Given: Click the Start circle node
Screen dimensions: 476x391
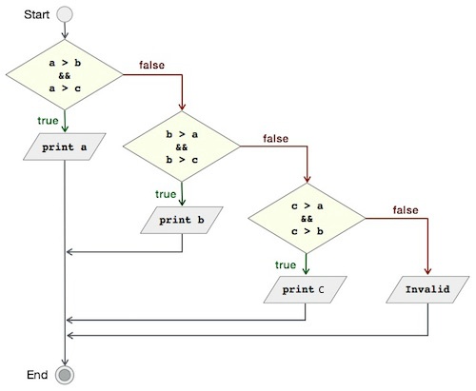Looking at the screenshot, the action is click(x=65, y=14).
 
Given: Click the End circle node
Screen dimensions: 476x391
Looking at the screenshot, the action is click(x=65, y=375).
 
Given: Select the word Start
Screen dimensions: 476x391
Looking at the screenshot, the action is click(x=36, y=14).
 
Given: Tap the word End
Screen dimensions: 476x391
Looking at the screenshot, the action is click(x=37, y=375).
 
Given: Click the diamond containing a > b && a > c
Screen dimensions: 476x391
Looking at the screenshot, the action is click(x=65, y=75).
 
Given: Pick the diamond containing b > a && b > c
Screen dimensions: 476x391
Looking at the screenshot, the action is click(x=182, y=147).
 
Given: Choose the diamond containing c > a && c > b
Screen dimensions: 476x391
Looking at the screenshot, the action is click(x=307, y=218).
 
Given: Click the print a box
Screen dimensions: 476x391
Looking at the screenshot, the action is click(x=65, y=147).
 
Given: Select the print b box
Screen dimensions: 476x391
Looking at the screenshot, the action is click(x=182, y=220).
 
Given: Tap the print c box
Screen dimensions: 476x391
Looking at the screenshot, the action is click(x=305, y=289).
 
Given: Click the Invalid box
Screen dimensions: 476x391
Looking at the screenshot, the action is click(x=427, y=289).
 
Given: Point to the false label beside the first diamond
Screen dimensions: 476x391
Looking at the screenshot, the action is click(x=151, y=65).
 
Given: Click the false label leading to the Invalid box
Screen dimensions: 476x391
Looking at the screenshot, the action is click(x=406, y=210).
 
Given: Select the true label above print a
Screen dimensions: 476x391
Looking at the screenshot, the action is click(x=48, y=121).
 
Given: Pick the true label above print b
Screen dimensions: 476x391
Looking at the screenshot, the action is click(x=166, y=194).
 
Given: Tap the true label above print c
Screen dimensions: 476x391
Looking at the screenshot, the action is click(x=286, y=264).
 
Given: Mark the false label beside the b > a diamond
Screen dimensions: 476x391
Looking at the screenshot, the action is click(x=275, y=139).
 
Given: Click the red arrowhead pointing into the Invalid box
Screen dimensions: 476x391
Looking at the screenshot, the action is click(x=427, y=271).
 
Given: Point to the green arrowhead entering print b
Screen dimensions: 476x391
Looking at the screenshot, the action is click(x=182, y=203).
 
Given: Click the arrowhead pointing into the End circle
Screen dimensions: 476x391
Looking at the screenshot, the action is click(x=65, y=362).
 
